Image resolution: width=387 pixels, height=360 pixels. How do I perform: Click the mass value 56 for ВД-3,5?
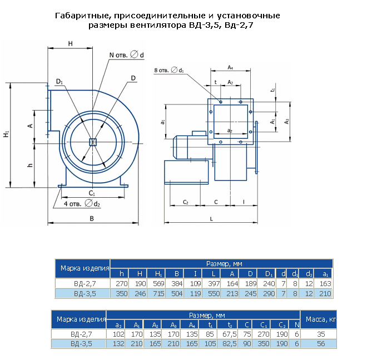tap(321, 343)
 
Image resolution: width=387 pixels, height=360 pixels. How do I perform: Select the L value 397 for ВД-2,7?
tap(214, 283)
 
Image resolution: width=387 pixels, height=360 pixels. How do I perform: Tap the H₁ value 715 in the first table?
tap(158, 293)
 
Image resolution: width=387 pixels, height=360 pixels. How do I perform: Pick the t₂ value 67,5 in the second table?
tap(230, 334)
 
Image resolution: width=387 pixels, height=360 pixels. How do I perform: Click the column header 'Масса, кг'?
tap(321, 319)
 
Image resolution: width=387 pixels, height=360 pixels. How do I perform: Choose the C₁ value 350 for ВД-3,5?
tap(264, 343)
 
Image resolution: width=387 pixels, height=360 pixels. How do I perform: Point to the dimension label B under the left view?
tap(92, 218)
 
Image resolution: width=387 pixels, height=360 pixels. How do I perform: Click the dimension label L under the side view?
tap(211, 219)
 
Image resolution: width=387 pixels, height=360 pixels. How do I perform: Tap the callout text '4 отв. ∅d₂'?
tap(82, 204)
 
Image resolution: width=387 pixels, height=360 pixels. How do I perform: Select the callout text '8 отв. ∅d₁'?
tap(169, 70)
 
